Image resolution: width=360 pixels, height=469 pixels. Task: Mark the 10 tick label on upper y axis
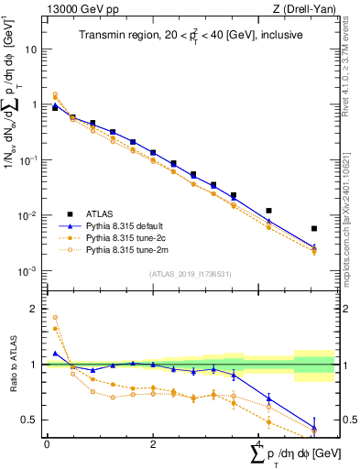coord(31,49)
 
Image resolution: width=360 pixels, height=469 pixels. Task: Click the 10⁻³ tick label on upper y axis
coord(28,272)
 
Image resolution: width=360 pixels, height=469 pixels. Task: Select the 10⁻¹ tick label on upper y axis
coord(28,160)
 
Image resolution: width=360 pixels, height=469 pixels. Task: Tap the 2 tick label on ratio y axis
coord(34,309)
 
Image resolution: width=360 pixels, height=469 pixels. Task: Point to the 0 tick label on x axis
coord(47,444)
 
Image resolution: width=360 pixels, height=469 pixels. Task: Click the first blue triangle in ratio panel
coord(55,353)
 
